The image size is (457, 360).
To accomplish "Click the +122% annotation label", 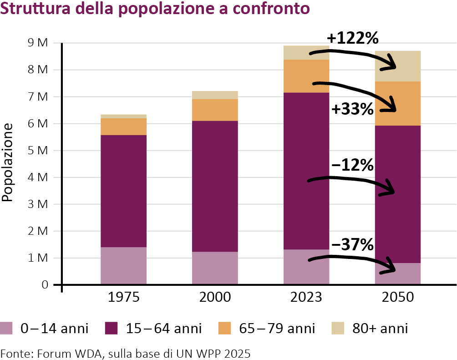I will pos(353,38).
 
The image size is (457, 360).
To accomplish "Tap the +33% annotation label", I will pos(353,110).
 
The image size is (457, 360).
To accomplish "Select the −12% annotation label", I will pos(353,165).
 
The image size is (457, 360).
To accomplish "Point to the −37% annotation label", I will pos(353,245).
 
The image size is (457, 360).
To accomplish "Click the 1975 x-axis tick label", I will pos(123,298).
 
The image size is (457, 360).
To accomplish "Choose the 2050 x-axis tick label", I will pos(397,298).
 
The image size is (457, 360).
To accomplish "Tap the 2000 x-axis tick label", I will pos(215,298).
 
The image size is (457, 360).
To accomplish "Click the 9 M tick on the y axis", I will pos(37,43).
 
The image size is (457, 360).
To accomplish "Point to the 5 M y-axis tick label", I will pos(37,151).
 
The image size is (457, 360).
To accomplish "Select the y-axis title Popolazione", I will pos(7,164).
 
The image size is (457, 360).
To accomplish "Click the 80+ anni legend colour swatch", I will pos(338,328).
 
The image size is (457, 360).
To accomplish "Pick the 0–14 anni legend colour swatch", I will pos(7,328).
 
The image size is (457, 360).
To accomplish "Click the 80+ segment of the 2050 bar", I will pos(397,66).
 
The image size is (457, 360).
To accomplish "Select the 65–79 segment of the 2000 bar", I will pos(215,110).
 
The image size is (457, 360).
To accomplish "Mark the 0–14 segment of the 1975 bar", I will pos(123,266).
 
